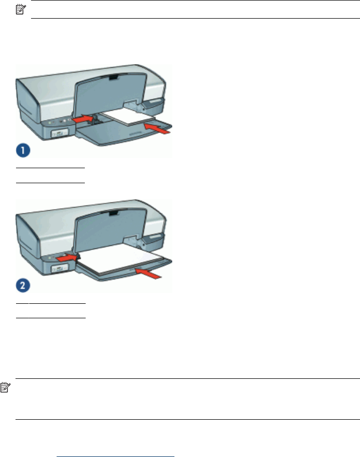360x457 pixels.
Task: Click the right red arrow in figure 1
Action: point(158,126)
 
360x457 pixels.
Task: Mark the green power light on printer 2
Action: point(49,257)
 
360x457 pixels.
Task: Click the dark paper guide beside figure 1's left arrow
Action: point(94,120)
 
